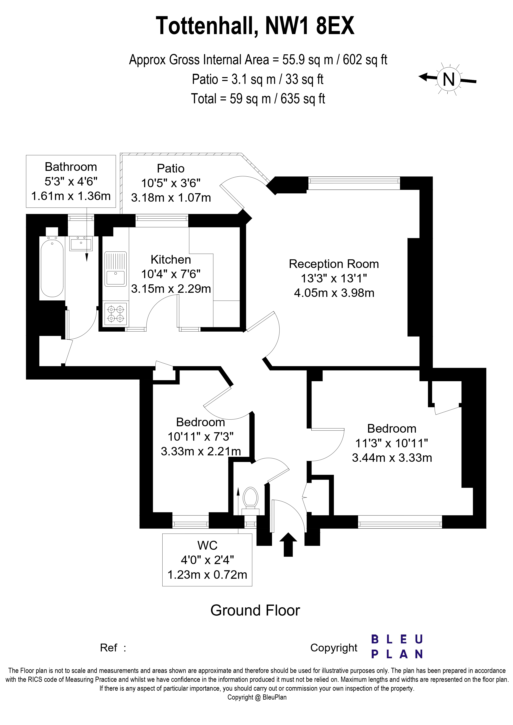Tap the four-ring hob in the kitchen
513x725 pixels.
pos(115,314)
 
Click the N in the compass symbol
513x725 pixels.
pos(448,80)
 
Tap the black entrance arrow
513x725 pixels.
pos(288,544)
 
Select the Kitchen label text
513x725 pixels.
pos(171,260)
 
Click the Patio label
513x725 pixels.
pos(171,168)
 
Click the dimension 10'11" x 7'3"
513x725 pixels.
pos(200,437)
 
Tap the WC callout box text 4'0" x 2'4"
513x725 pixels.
pos(207,560)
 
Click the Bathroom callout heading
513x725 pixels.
pos(71,167)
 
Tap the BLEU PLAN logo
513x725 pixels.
pos(397,647)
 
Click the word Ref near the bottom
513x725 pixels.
pos(108,648)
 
